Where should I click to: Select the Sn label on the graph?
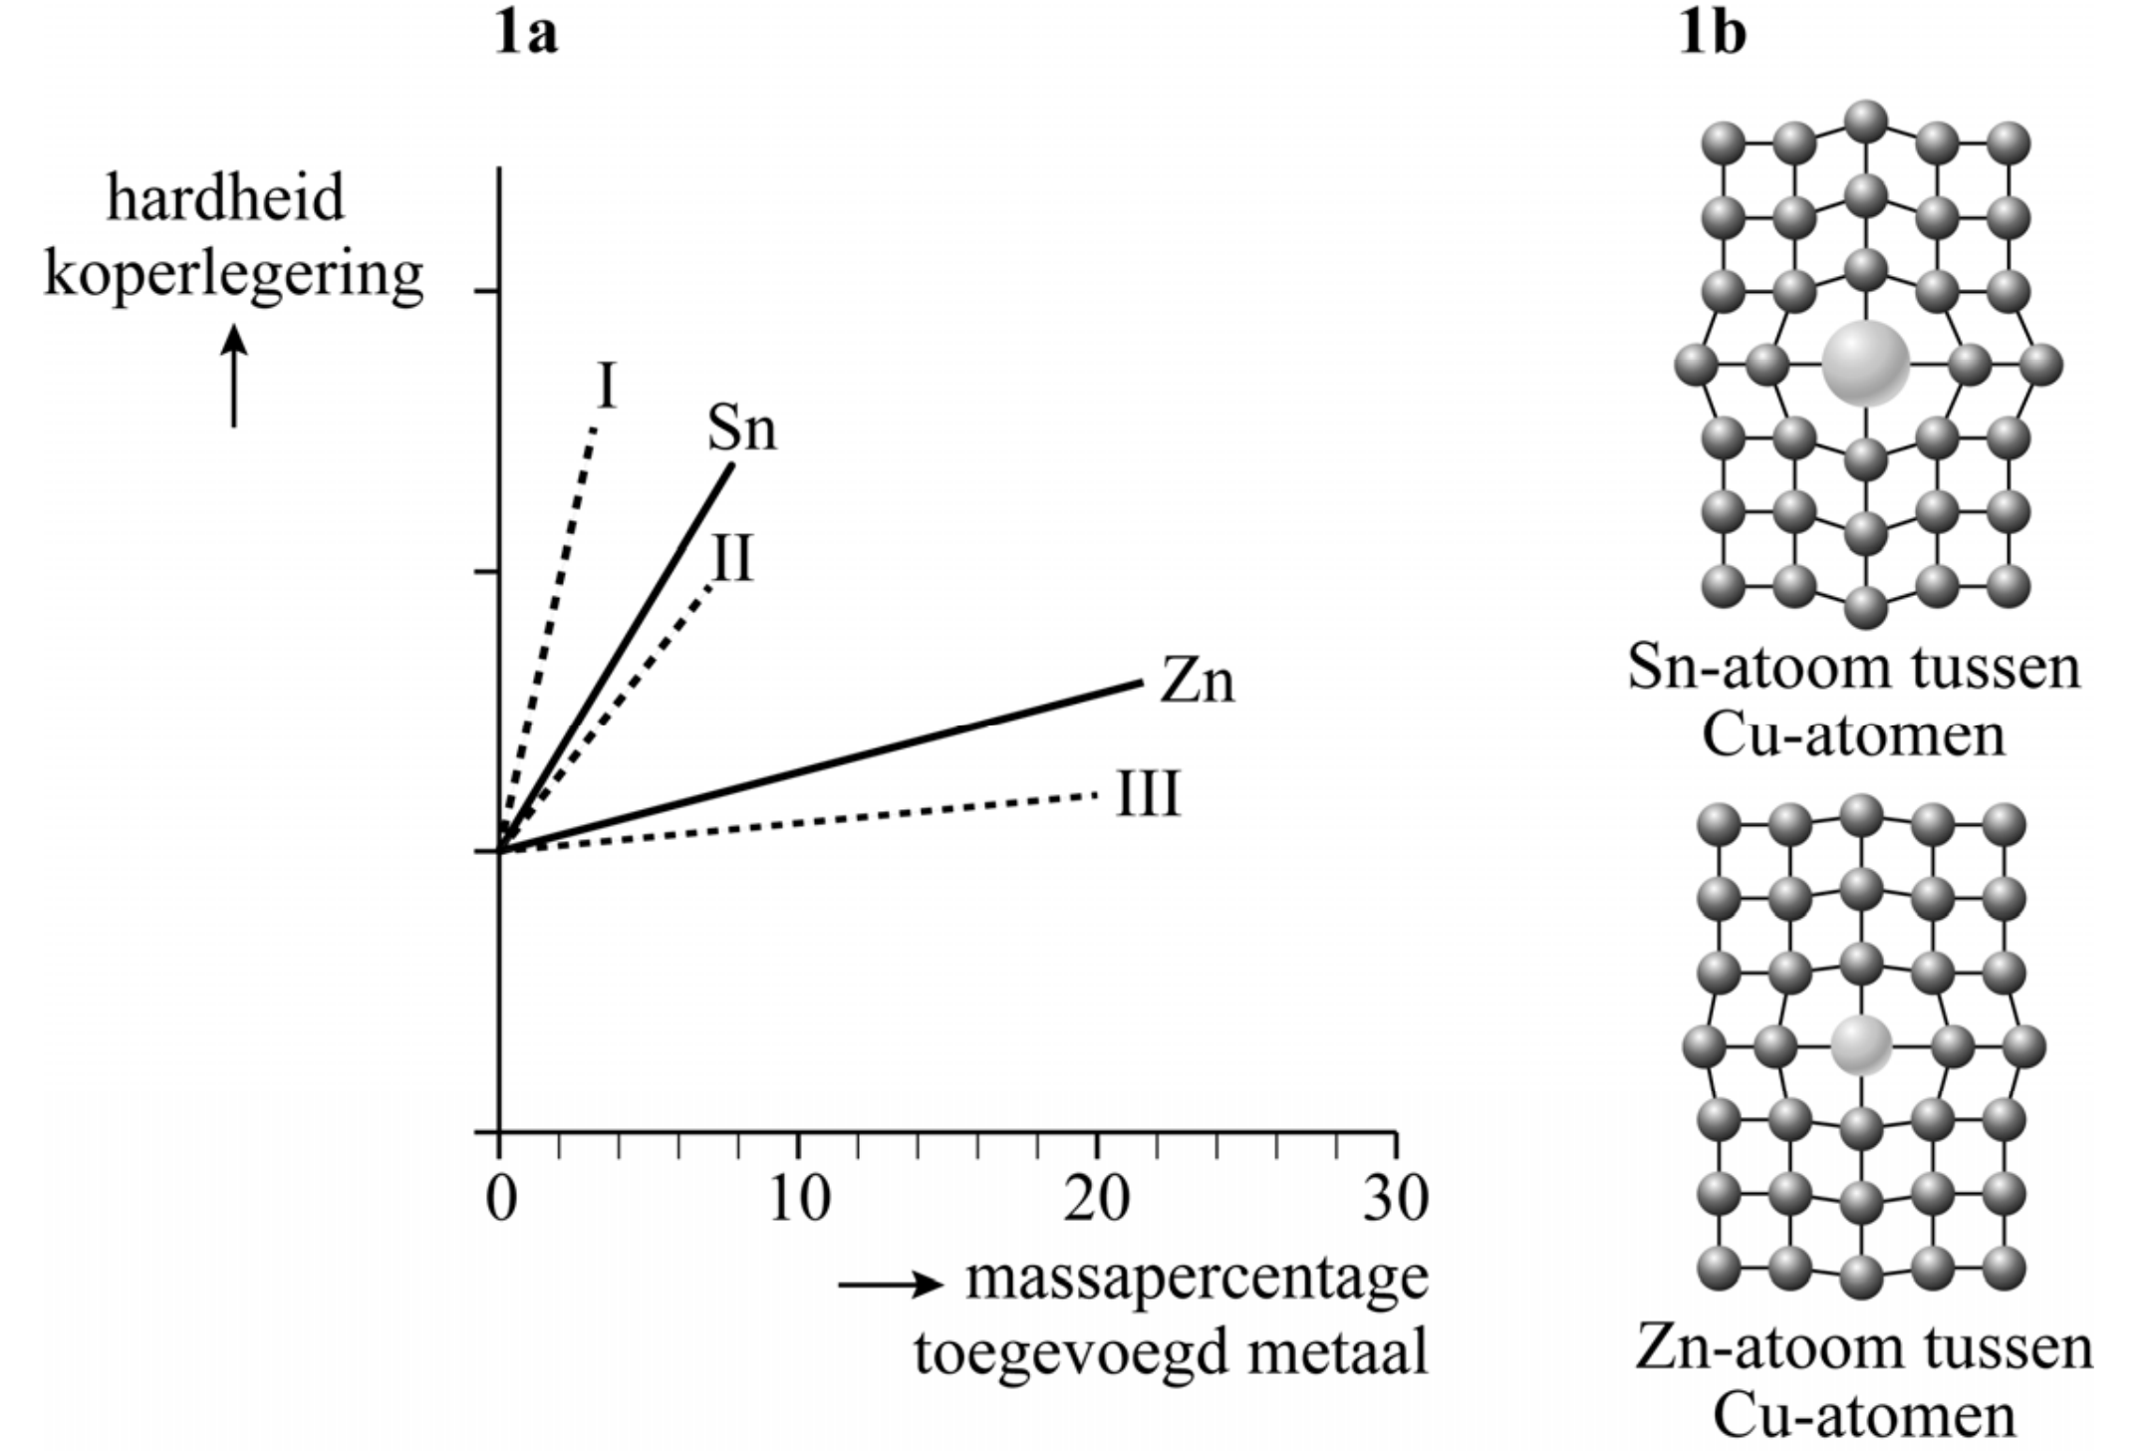(x=741, y=430)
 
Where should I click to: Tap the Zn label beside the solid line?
(x=1197, y=683)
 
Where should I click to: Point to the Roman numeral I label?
(x=606, y=387)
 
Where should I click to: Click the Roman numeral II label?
(x=732, y=558)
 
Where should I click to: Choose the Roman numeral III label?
(x=1148, y=795)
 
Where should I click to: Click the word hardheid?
(x=225, y=197)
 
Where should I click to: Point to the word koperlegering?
(x=234, y=275)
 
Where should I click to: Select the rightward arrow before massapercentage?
(x=890, y=1285)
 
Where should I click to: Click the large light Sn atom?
(x=1865, y=364)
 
